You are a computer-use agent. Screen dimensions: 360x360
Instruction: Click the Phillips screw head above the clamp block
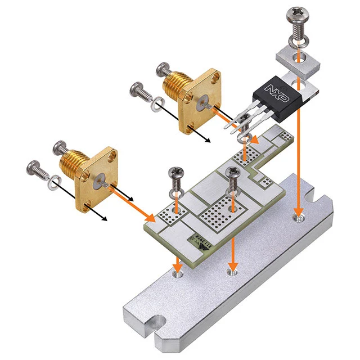(x=296, y=13)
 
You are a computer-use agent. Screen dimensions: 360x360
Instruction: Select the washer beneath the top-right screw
(x=296, y=40)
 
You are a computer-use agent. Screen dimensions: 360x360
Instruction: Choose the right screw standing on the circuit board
(x=232, y=179)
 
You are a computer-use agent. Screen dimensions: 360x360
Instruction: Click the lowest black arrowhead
(x=103, y=219)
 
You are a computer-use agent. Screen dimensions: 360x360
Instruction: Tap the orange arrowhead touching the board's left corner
(x=150, y=217)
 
